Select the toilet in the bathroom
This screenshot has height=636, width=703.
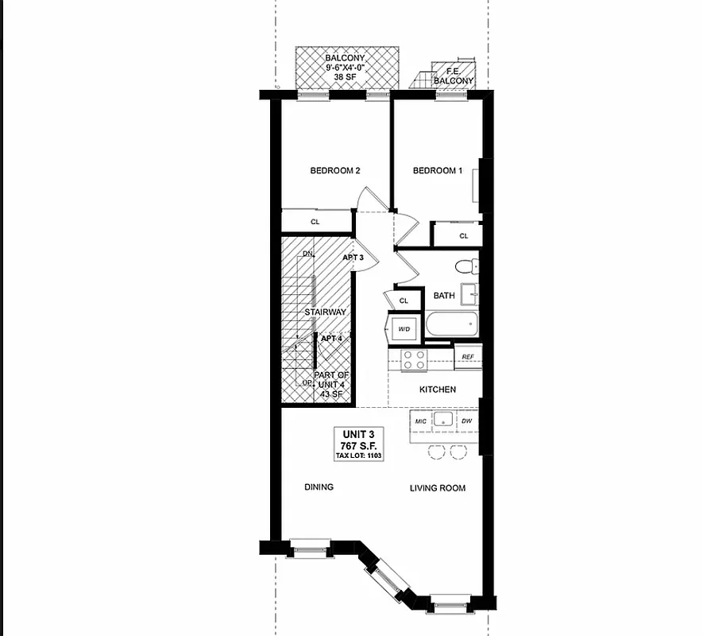tap(465, 266)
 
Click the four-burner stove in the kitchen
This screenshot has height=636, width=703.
tap(414, 359)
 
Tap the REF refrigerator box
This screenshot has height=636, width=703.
tap(468, 357)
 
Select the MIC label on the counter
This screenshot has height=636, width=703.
tap(421, 421)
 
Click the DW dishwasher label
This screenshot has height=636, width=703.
tap(467, 421)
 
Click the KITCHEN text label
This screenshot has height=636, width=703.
tap(438, 390)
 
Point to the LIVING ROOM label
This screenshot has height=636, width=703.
tap(438, 488)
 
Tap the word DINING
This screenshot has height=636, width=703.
tap(319, 487)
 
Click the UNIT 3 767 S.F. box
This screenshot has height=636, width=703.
tap(357, 444)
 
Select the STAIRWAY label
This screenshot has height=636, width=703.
tap(325, 312)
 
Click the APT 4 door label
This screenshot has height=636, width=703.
tap(331, 339)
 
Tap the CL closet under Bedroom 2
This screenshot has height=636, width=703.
tap(315, 222)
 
